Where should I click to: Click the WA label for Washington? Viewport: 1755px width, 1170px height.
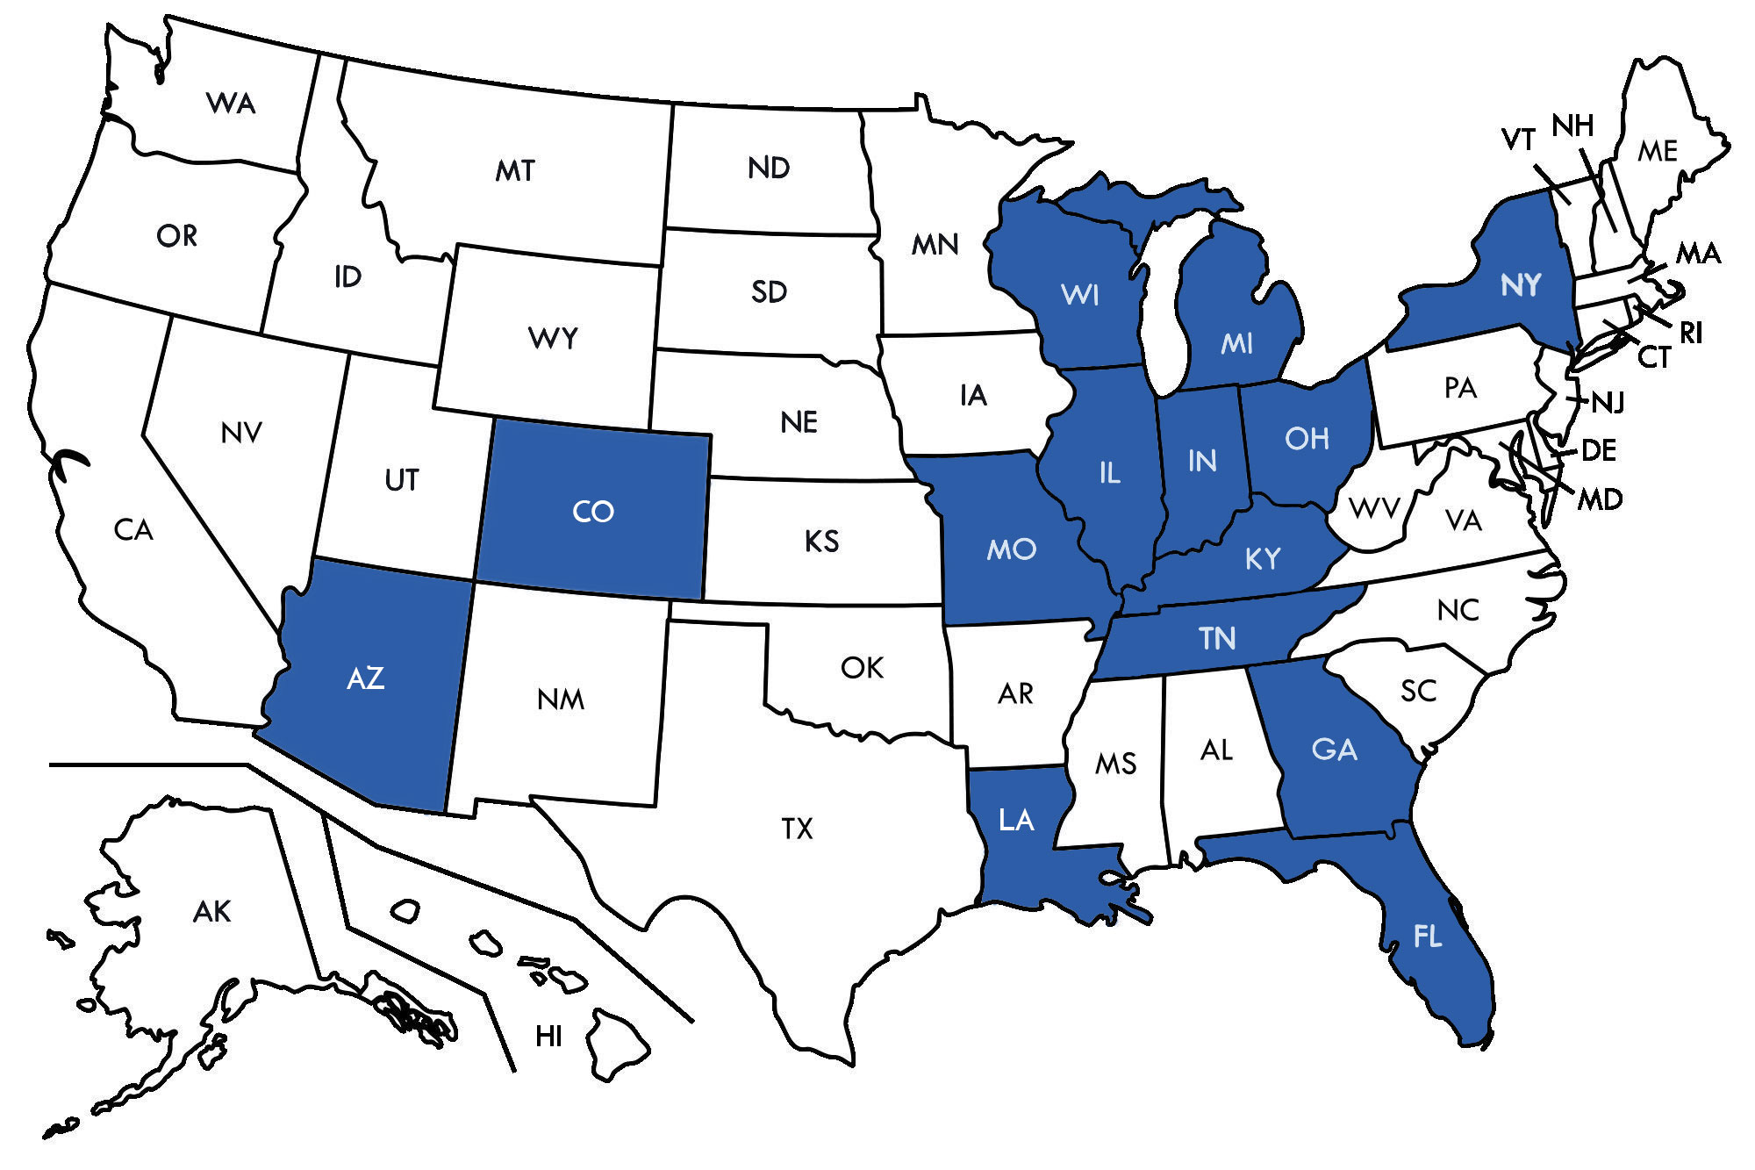click(x=231, y=104)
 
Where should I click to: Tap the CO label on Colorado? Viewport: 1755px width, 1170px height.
click(x=592, y=512)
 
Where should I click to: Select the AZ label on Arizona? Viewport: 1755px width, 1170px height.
click(x=366, y=678)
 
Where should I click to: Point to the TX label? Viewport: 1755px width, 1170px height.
click(x=797, y=829)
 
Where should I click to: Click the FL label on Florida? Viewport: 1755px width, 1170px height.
click(x=1428, y=937)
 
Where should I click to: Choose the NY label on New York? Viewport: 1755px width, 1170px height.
click(x=1521, y=284)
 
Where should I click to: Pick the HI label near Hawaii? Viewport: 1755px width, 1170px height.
click(x=548, y=1037)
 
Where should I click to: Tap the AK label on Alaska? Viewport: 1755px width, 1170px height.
click(x=211, y=912)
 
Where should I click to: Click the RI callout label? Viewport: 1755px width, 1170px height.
click(x=1691, y=333)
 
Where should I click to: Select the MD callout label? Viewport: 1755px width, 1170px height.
click(x=1600, y=500)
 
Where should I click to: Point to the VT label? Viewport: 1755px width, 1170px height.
click(x=1519, y=140)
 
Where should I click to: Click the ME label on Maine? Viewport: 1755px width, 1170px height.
click(x=1658, y=152)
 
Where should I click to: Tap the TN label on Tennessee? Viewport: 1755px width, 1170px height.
click(x=1217, y=638)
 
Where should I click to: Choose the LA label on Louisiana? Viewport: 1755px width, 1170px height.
click(x=1016, y=821)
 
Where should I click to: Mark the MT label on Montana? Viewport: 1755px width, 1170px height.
click(x=515, y=170)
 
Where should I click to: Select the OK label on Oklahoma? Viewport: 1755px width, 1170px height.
click(x=862, y=668)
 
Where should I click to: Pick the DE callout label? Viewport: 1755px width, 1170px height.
click(x=1598, y=451)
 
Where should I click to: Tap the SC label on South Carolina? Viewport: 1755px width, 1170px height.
click(x=1418, y=692)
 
